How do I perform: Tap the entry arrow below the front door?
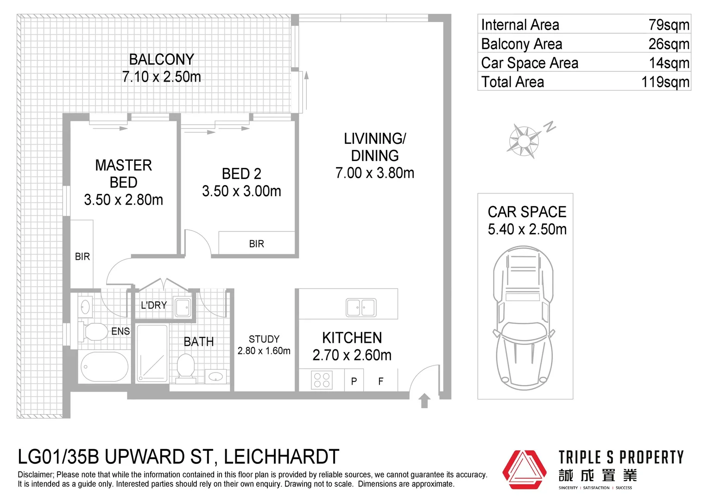[424, 400]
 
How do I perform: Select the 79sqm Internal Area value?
[669, 25]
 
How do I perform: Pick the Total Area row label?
[512, 82]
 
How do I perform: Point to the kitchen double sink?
[361, 307]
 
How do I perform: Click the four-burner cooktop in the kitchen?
[322, 380]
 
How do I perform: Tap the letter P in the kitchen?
[354, 381]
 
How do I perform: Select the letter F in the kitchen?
[380, 381]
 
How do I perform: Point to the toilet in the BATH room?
[186, 367]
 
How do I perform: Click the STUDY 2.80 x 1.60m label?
[264, 345]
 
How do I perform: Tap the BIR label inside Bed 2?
[256, 244]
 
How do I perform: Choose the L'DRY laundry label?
[153, 305]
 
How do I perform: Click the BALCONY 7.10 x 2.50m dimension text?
[161, 77]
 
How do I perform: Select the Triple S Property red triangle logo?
[525, 469]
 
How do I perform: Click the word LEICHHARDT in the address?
[281, 457]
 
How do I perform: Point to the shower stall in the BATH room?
[152, 353]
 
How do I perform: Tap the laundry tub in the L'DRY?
[183, 307]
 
